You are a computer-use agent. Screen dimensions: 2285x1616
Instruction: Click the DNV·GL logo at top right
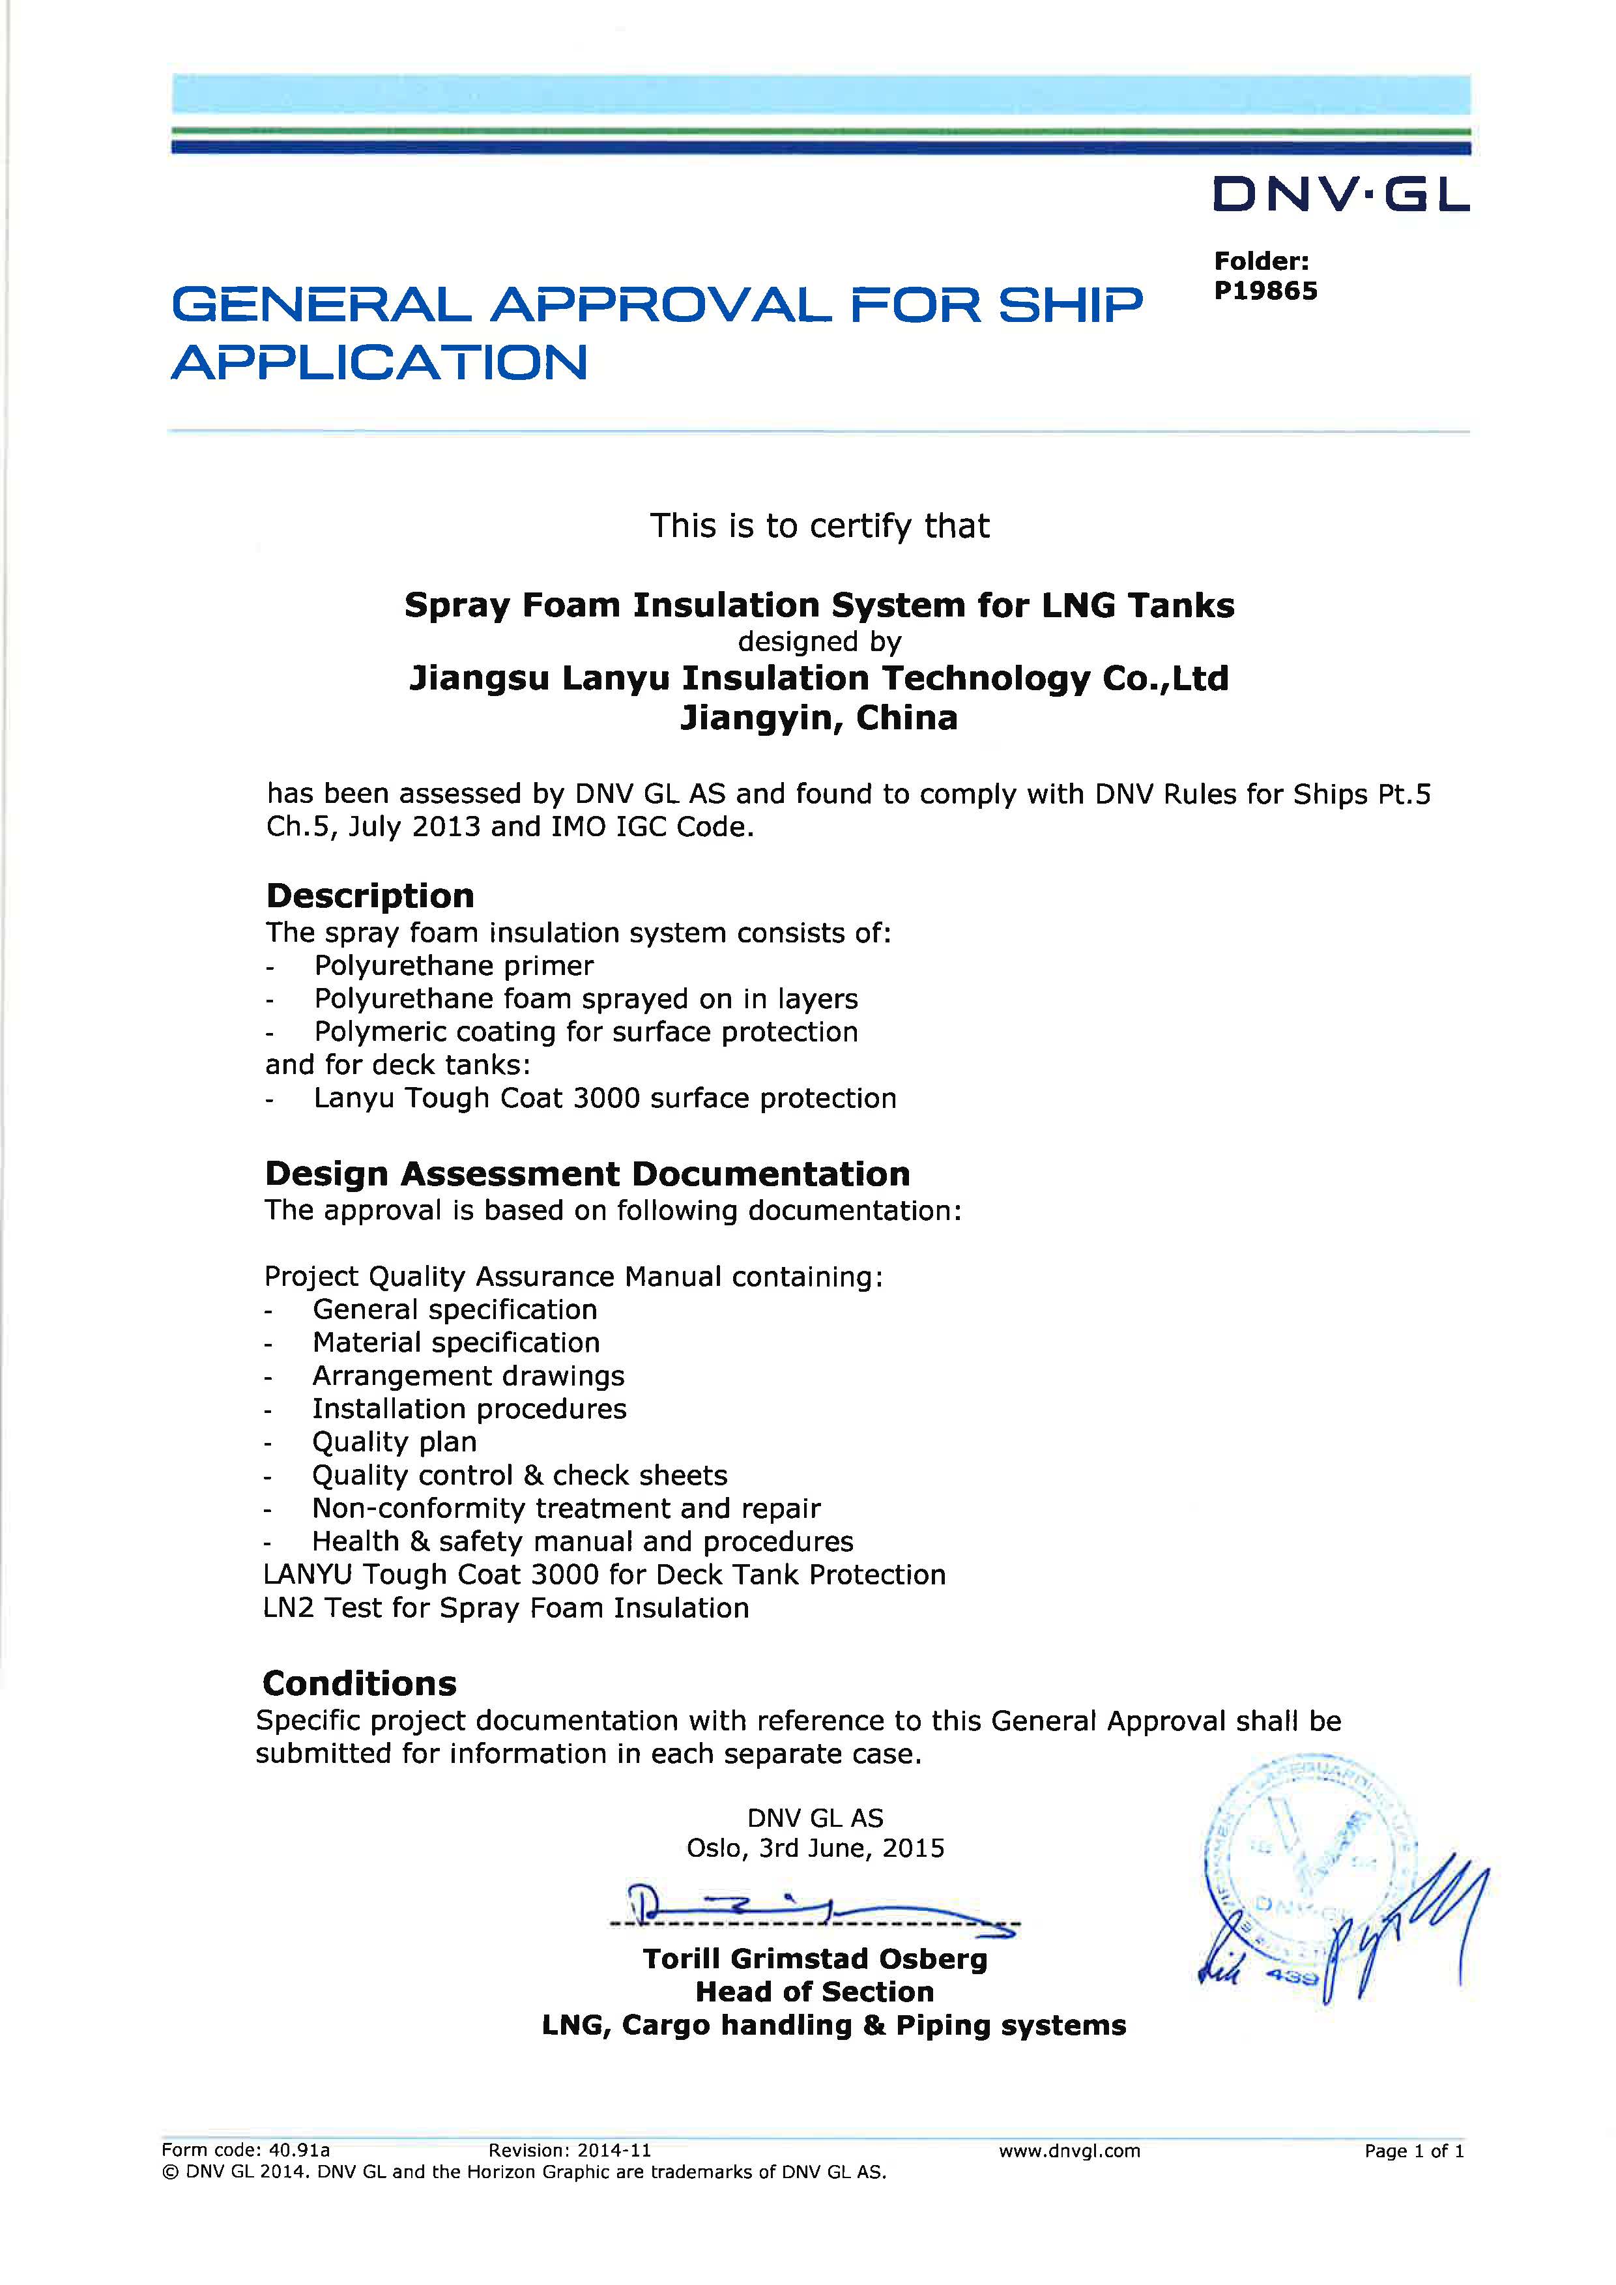click(1339, 195)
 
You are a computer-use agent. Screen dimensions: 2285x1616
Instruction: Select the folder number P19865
click(1265, 291)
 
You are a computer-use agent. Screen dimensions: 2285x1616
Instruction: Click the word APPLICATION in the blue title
click(380, 362)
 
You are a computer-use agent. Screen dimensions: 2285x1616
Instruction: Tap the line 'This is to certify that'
click(819, 525)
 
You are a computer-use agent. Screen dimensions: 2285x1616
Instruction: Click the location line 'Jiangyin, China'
click(818, 718)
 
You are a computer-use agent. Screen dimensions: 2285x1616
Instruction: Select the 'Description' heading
click(370, 895)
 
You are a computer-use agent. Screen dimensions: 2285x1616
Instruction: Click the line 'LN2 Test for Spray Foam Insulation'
click(506, 1607)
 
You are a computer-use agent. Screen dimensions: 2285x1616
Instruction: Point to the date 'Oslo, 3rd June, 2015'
click(815, 1848)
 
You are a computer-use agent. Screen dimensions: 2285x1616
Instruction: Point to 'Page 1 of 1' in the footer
click(1413, 2151)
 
